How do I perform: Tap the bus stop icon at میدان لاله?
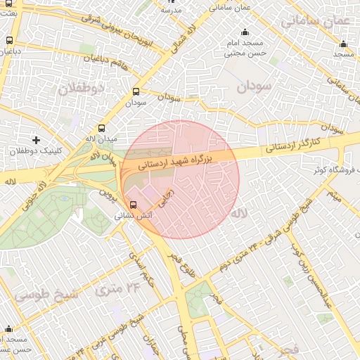(102, 129)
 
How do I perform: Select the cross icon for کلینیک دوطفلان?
(36, 141)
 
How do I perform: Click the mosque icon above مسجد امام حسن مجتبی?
(245, 32)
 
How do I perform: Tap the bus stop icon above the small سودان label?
(136, 91)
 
